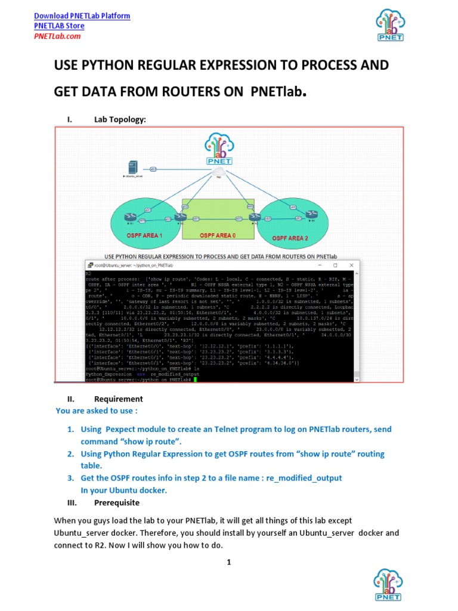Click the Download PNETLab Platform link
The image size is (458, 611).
click(x=82, y=16)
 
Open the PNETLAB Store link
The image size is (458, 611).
click(x=59, y=26)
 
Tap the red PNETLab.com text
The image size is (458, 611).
click(x=57, y=36)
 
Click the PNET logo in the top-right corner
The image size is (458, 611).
click(x=389, y=26)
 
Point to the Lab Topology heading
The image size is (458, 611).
click(x=119, y=119)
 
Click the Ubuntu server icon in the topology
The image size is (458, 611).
click(x=133, y=168)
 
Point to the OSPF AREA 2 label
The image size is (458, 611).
click(x=290, y=238)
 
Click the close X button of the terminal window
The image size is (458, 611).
click(x=352, y=265)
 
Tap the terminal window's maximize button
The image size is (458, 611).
click(x=335, y=265)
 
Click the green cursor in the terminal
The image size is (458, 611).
click(x=194, y=379)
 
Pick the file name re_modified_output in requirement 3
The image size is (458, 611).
click(x=304, y=478)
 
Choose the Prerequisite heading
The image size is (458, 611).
click(x=116, y=502)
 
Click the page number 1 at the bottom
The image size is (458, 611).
click(x=228, y=562)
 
